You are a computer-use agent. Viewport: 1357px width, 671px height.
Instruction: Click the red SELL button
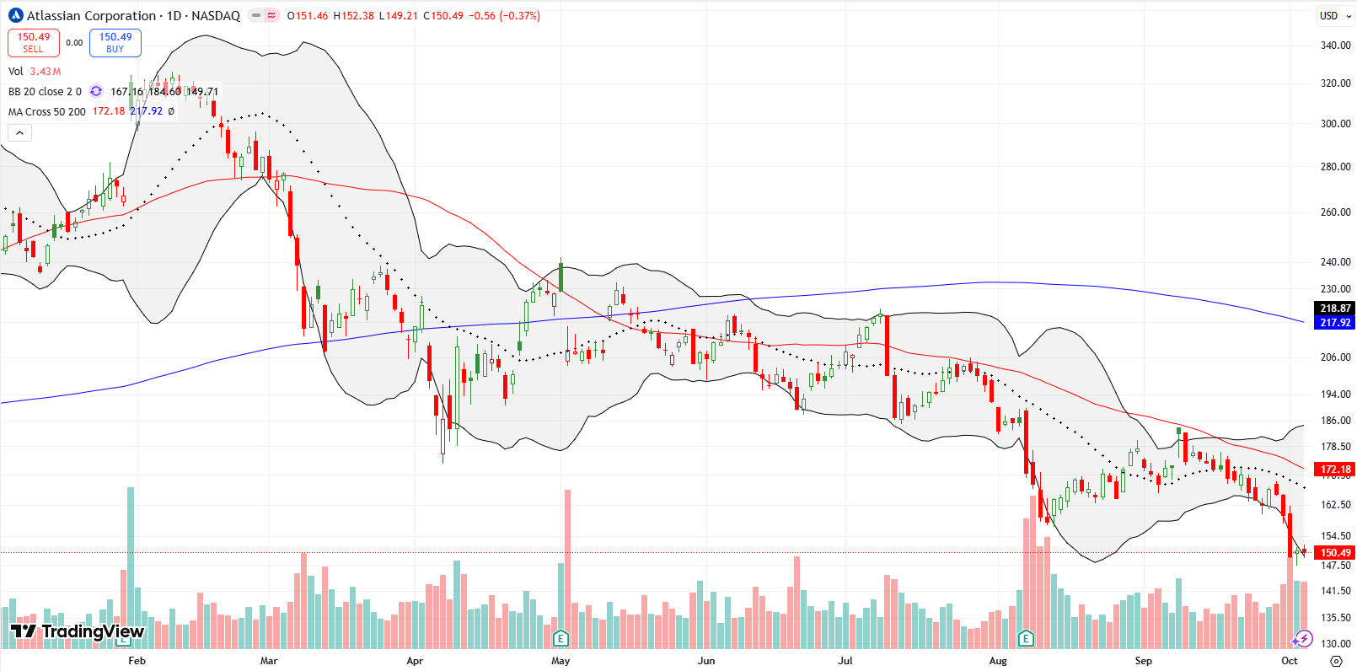pos(33,43)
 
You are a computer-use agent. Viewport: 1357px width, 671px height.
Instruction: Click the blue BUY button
pos(115,43)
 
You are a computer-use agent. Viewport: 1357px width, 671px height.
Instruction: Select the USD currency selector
pos(1329,16)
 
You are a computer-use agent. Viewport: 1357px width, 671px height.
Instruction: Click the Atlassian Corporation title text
pos(91,16)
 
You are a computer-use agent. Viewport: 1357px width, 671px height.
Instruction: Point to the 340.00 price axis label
pos(1335,46)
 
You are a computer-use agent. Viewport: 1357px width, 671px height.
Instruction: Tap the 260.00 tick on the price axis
pos(1335,212)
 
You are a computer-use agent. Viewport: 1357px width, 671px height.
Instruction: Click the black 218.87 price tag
pos(1335,309)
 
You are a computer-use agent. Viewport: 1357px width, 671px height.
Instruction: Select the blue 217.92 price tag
pos(1335,323)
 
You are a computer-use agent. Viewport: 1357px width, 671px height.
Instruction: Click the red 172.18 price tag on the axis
pos(1335,469)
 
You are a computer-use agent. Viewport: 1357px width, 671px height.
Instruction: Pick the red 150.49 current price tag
pos(1335,553)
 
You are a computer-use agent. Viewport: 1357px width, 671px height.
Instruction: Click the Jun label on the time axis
pos(706,661)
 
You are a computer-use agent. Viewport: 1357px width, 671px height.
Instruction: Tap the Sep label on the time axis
pos(1143,661)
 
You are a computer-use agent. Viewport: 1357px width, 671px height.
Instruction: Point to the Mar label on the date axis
pos(269,661)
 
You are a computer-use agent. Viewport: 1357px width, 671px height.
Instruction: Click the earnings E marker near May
pos(560,638)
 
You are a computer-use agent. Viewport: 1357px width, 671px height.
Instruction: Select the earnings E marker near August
pos(1026,638)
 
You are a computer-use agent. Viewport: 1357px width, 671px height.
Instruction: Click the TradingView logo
pos(78,631)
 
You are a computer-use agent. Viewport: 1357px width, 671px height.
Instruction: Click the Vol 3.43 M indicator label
pos(35,72)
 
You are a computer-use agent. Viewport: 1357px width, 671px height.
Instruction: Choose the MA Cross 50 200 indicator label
pos(47,111)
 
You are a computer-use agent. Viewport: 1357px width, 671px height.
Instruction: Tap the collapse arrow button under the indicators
pos(19,132)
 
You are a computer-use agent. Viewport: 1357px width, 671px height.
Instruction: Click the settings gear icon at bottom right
pos(1336,661)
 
